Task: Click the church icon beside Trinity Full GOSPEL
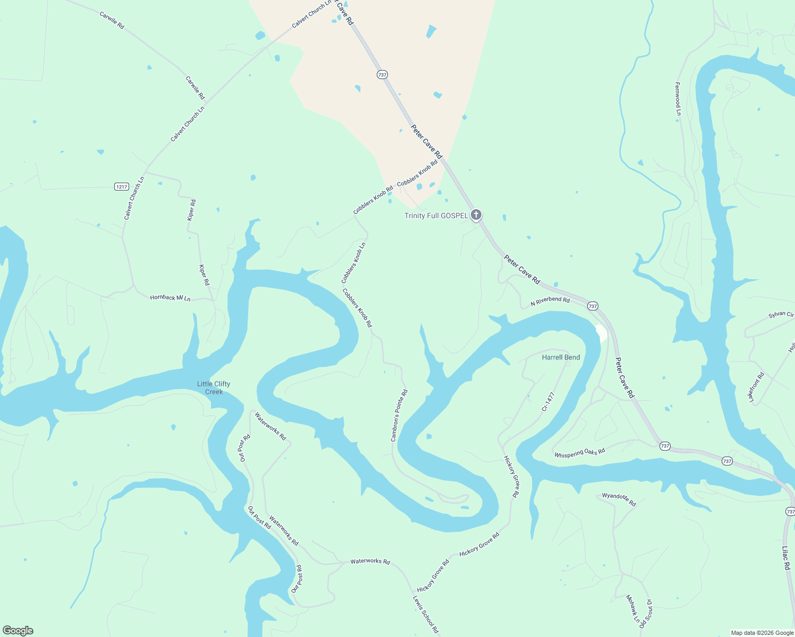476,215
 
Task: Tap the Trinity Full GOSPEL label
436,216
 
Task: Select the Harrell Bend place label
561,357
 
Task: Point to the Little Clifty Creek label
214,388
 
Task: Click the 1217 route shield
122,186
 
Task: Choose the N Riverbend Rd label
550,302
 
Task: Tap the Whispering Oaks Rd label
579,453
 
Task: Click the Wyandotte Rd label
619,499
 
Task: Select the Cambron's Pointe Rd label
399,416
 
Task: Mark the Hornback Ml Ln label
170,298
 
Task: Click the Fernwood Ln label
678,99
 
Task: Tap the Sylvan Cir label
781,315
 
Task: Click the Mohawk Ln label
632,608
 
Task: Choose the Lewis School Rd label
426,614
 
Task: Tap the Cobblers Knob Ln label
353,263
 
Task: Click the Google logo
18,631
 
